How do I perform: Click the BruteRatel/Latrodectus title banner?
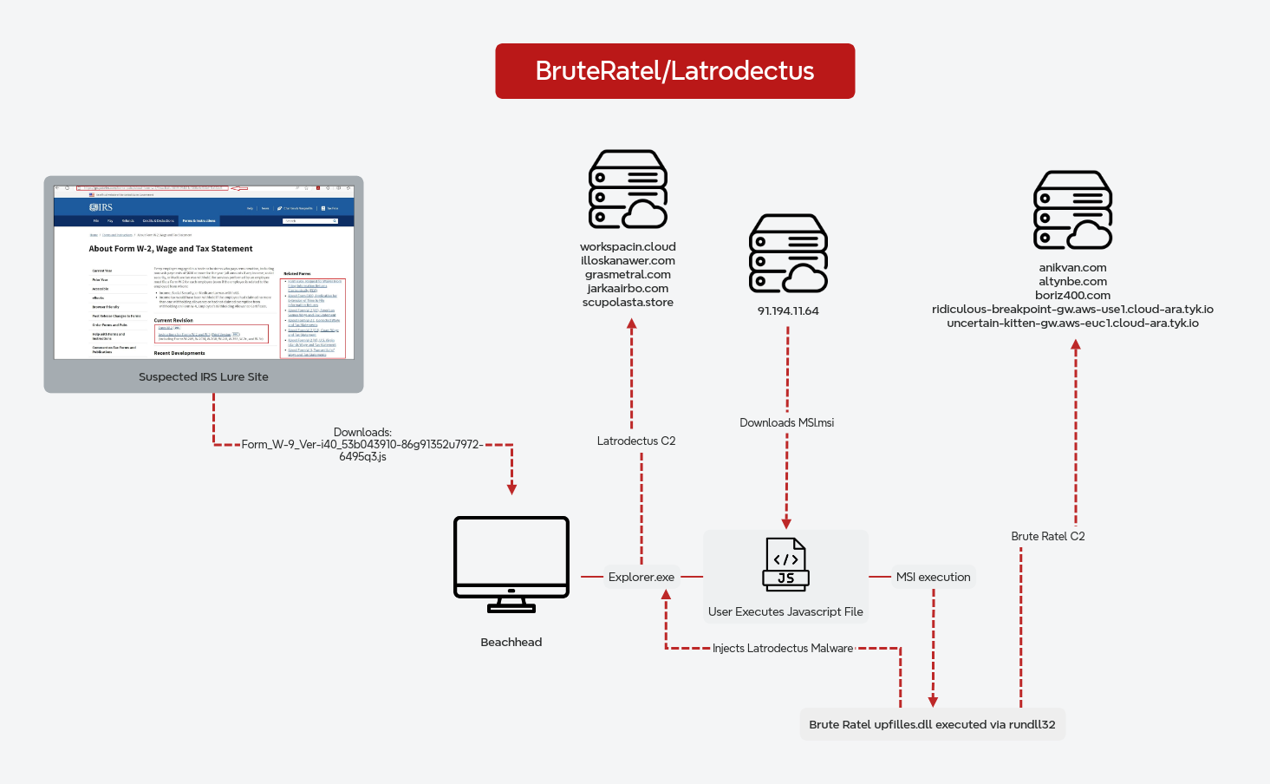(674, 71)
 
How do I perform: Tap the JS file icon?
(785, 565)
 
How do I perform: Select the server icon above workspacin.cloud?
(628, 189)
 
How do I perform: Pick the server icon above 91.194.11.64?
(788, 253)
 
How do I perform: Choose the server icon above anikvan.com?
(1072, 210)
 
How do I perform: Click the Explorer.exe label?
(642, 577)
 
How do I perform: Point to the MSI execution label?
(933, 577)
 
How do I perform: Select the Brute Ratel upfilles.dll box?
(932, 724)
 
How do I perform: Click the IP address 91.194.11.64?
(788, 310)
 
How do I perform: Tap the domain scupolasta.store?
(628, 302)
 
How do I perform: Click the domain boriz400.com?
(1072, 295)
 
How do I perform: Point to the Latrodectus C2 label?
(636, 441)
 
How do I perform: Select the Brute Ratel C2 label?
(1047, 536)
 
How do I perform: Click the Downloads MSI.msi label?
(786, 422)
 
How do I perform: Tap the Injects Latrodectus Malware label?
(783, 648)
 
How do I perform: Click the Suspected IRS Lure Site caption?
(204, 376)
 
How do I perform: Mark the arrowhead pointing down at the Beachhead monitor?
(511, 489)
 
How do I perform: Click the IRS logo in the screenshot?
(101, 207)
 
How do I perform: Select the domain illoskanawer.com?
(628, 260)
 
